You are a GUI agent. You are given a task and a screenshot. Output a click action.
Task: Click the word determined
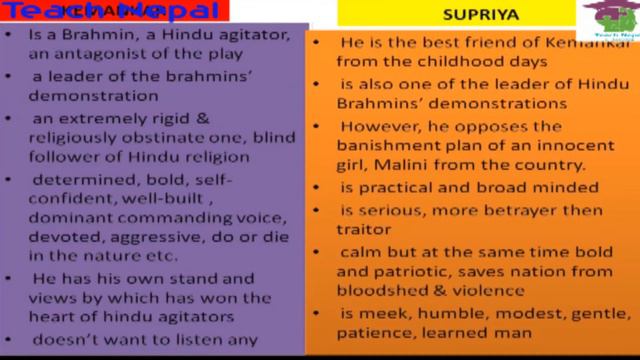74,179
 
